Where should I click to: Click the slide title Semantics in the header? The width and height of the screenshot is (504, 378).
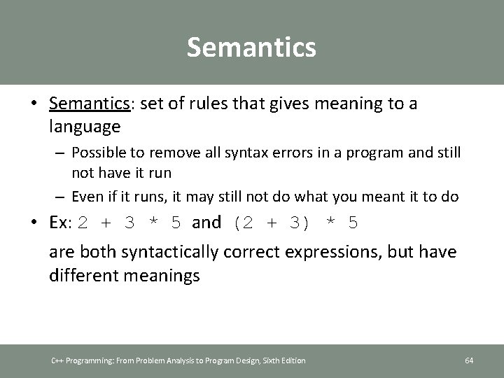[x=251, y=48]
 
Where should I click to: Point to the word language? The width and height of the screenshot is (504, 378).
[x=85, y=127]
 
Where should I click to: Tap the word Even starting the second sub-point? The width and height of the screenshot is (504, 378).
[x=87, y=197]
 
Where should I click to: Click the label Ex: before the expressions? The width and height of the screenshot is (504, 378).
[x=61, y=223]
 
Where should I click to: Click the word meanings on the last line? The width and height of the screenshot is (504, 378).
[x=160, y=275]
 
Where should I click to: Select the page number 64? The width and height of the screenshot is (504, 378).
[x=469, y=360]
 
